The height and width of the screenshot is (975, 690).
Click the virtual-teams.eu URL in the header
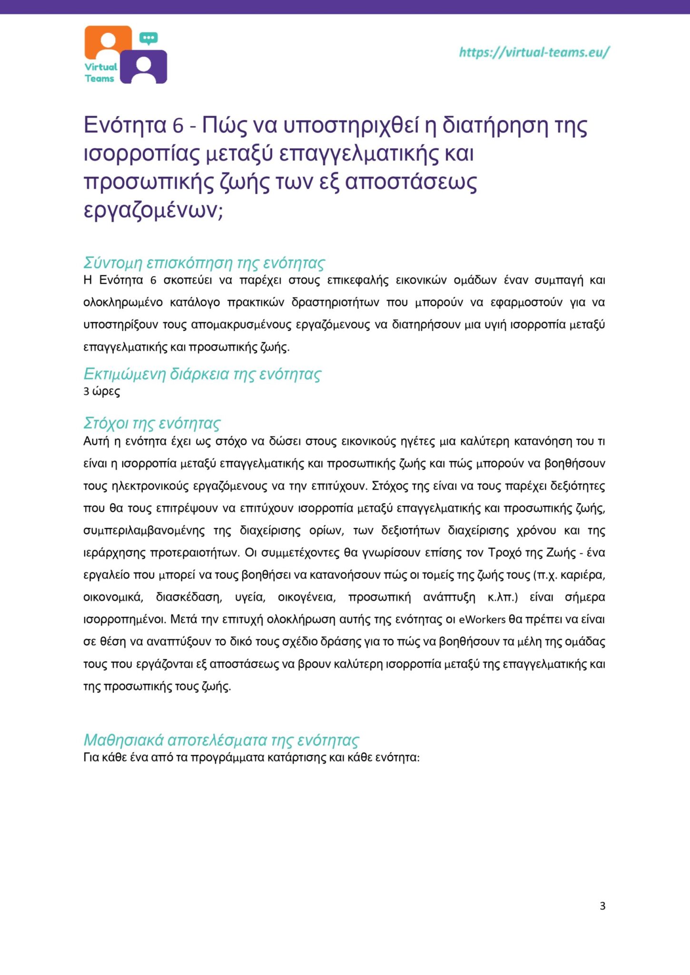[533, 52]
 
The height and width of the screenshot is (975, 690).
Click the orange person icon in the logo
[108, 42]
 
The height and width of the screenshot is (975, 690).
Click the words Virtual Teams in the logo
[100, 73]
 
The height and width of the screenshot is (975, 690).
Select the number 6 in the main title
[178, 126]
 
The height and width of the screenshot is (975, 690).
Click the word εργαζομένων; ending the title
[153, 210]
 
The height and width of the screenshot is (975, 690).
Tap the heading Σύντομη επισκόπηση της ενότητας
[204, 262]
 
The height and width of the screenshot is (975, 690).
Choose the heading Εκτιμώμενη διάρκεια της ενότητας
[202, 374]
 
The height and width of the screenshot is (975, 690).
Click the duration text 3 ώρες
[101, 391]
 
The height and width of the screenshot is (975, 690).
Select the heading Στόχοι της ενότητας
[152, 423]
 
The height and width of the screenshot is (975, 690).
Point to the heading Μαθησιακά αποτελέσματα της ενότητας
[221, 740]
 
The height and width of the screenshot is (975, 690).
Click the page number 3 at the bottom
[602, 905]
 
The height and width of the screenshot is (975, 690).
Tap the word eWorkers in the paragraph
[482, 619]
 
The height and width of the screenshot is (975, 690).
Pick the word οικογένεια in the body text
[306, 597]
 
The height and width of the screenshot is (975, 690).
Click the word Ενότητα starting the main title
[125, 126]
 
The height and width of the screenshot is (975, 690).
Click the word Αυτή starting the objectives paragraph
[96, 441]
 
